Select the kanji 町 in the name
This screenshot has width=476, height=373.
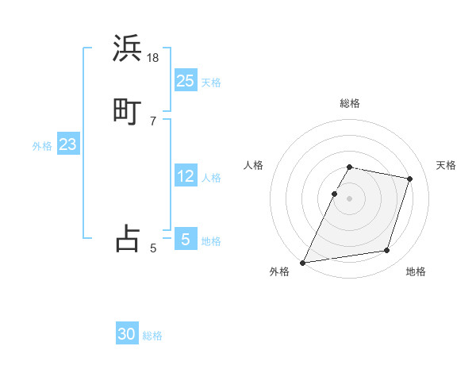tap(128, 110)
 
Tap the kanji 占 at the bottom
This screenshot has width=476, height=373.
tap(128, 237)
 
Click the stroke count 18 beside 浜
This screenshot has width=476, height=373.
tap(153, 58)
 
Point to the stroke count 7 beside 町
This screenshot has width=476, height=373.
tap(153, 121)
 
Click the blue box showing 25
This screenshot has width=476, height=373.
tap(186, 80)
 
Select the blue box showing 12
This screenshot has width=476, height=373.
tap(186, 176)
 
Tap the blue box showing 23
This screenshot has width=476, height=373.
tap(67, 144)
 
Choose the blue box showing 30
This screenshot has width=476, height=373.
tap(127, 334)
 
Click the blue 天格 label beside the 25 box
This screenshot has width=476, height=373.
tap(211, 83)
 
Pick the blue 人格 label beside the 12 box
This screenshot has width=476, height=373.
tap(211, 178)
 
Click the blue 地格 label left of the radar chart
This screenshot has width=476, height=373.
tap(211, 241)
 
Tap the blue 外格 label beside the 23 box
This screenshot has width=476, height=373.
tap(42, 146)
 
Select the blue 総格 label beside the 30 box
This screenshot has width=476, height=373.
tap(152, 336)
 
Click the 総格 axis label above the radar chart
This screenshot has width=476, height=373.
tap(350, 103)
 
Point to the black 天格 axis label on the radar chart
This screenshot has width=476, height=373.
tap(446, 165)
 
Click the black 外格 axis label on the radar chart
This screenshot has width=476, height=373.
tap(279, 272)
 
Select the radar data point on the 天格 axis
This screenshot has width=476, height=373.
tap(410, 179)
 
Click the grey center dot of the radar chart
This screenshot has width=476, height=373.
tap(350, 198)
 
